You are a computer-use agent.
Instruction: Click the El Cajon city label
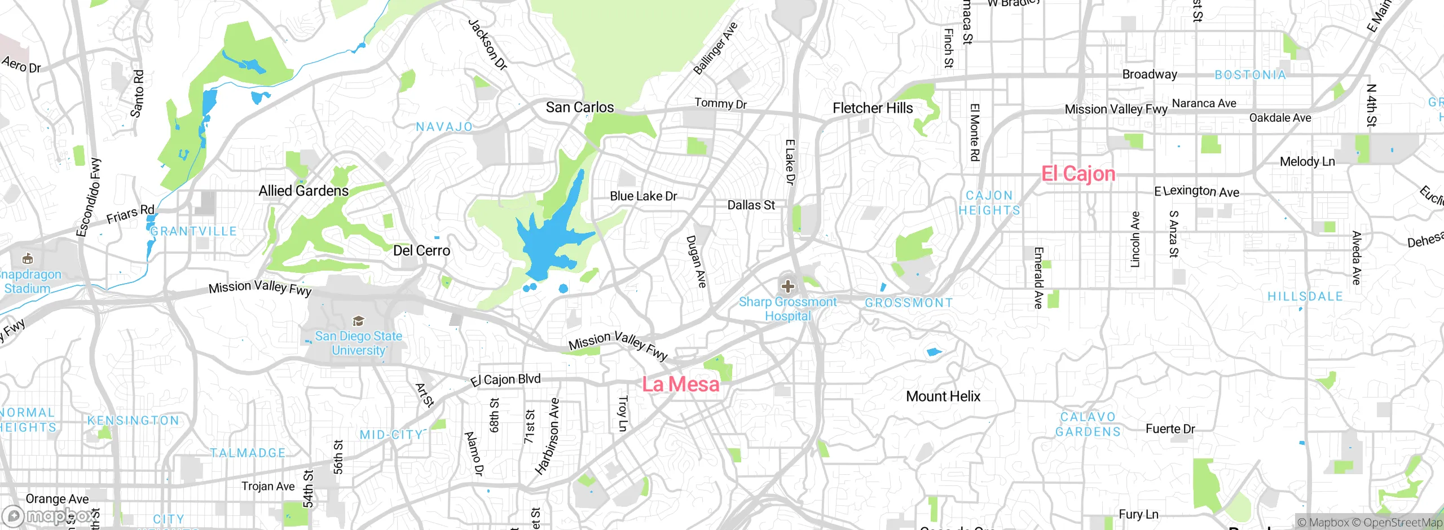(1078, 174)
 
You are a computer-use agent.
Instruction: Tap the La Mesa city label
(681, 385)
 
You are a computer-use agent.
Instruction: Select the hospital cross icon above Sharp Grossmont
(787, 286)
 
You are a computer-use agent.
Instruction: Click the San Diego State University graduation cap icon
(358, 321)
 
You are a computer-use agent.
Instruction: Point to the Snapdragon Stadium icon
(27, 259)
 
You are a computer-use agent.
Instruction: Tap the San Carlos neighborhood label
(579, 107)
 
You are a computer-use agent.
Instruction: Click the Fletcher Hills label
(873, 108)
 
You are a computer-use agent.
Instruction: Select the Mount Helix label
(943, 396)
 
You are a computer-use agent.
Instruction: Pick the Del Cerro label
(421, 251)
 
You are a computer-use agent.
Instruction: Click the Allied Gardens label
(303, 191)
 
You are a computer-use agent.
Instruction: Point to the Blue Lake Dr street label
(643, 196)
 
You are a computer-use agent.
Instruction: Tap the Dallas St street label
(751, 205)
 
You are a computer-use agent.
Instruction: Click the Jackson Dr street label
(488, 45)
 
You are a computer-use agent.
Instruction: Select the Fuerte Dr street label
(1170, 429)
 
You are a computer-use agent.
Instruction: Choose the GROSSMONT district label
(909, 303)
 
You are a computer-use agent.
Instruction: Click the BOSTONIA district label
(1250, 75)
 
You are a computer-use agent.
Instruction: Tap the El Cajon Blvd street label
(505, 379)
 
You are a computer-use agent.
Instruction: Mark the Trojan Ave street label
(268, 486)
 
